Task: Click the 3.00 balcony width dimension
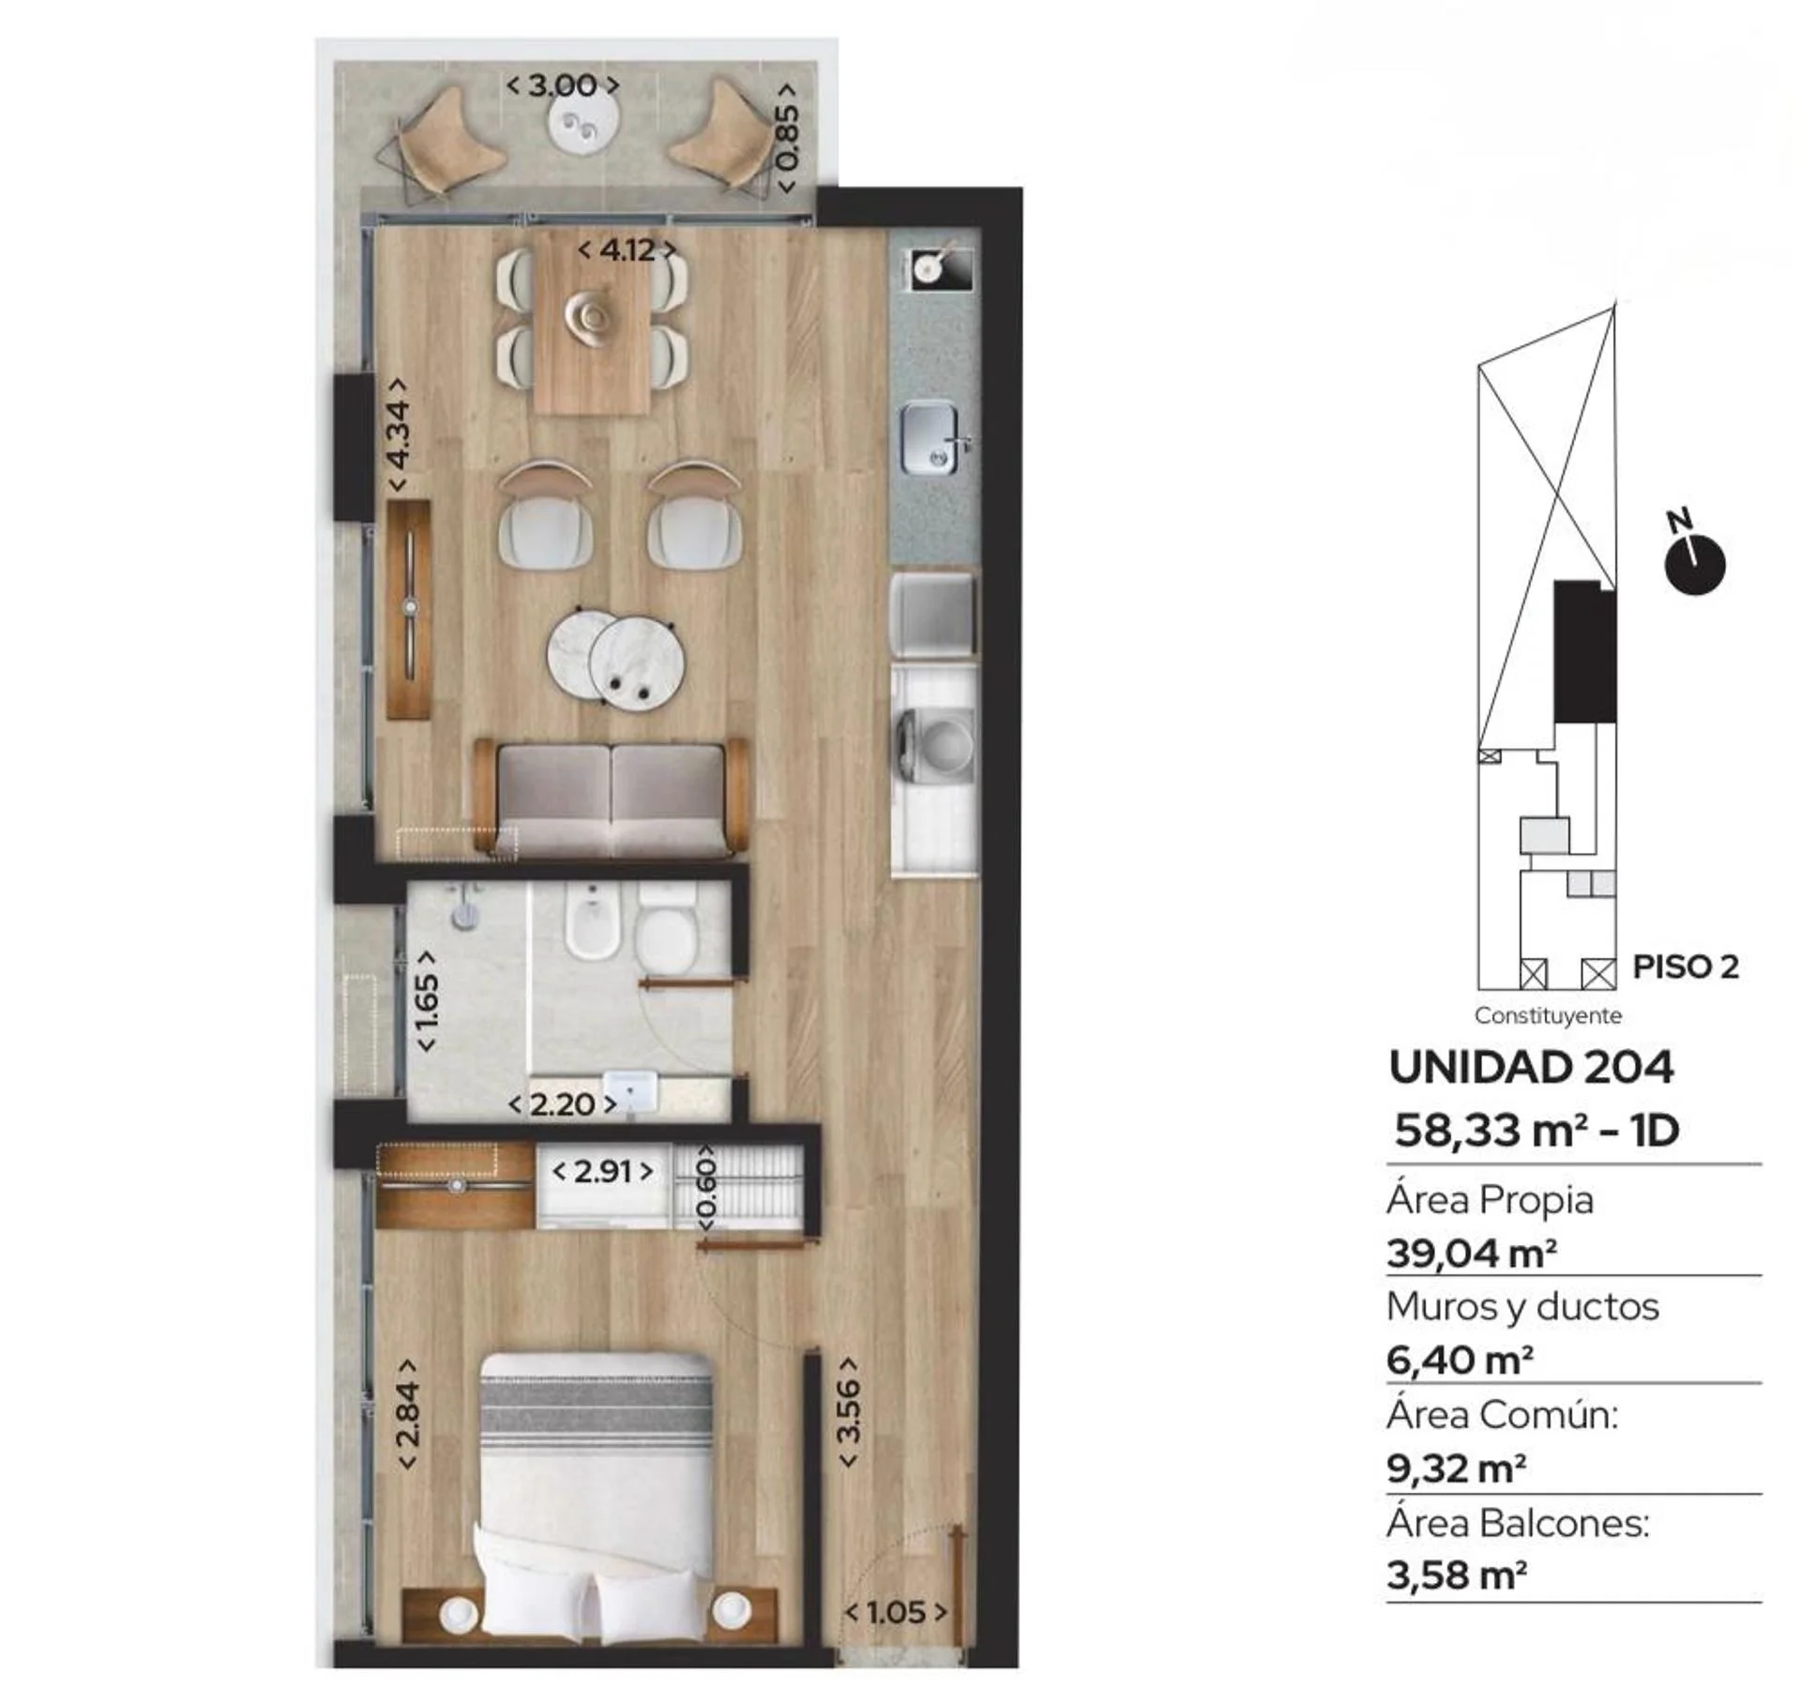tap(563, 85)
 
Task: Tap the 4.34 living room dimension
tap(399, 434)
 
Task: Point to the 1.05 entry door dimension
tap(896, 1612)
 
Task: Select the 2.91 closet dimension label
tap(602, 1171)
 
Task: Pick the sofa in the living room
tap(612, 798)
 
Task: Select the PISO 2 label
tap(1686, 966)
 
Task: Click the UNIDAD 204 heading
tap(1531, 1067)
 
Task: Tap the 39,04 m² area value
tap(1472, 1254)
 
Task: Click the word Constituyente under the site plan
tap(1548, 1015)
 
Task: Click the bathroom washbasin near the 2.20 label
tap(630, 1090)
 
